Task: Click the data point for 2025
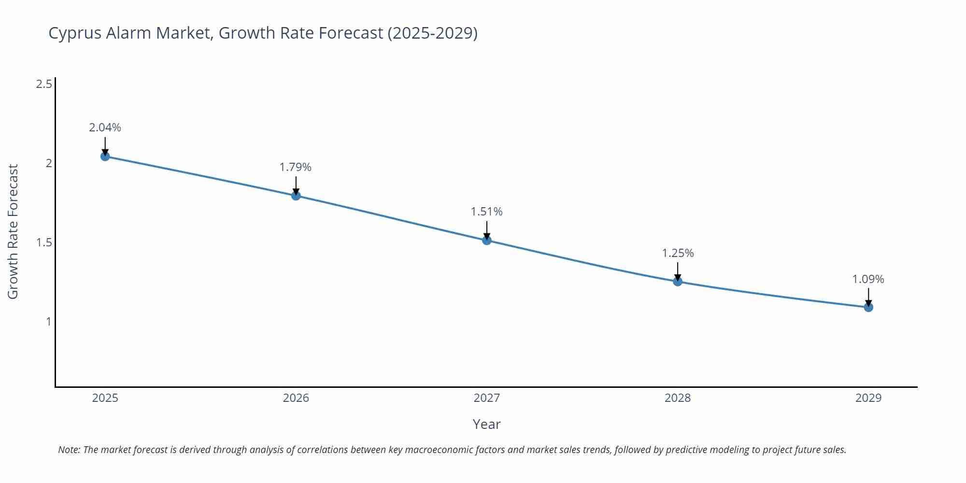coord(105,156)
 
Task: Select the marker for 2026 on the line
coord(296,196)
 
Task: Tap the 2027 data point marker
coord(487,240)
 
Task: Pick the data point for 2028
coord(678,282)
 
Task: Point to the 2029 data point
coord(868,307)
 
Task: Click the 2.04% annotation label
coord(105,128)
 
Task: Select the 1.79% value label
coord(296,167)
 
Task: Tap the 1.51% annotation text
coord(486,212)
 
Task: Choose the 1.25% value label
coord(678,253)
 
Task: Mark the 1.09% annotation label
coord(868,279)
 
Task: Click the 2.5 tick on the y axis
coord(44,85)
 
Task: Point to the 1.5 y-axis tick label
coord(44,242)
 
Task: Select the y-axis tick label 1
coord(48,322)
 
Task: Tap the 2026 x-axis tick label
coord(296,398)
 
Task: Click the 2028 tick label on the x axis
coord(678,398)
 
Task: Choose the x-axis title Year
coord(486,424)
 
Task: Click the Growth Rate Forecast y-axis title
coord(13,232)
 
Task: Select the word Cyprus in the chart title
coord(75,33)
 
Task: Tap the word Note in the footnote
coord(69,450)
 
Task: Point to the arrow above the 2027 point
coord(487,229)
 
